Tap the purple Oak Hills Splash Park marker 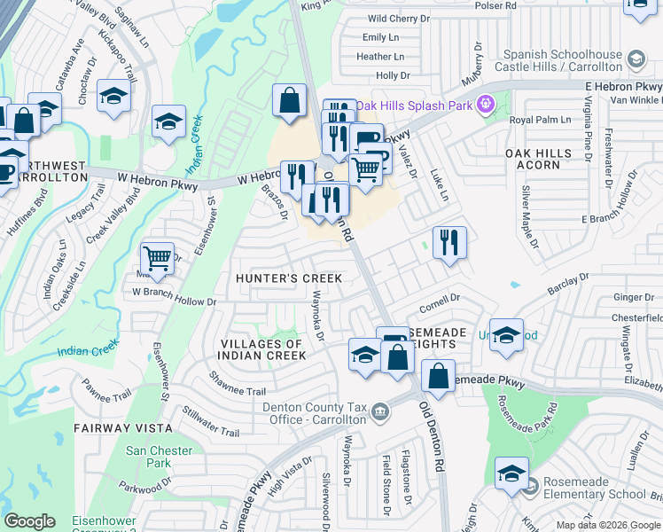pos(484,106)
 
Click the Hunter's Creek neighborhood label pos(289,278)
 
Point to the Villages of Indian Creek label pos(262,349)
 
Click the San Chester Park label pos(159,457)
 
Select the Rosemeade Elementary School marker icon pos(531,485)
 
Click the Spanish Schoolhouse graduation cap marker pos(635,59)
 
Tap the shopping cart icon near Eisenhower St pos(157,258)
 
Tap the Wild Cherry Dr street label pos(400,18)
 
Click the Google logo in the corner pos(29,521)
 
